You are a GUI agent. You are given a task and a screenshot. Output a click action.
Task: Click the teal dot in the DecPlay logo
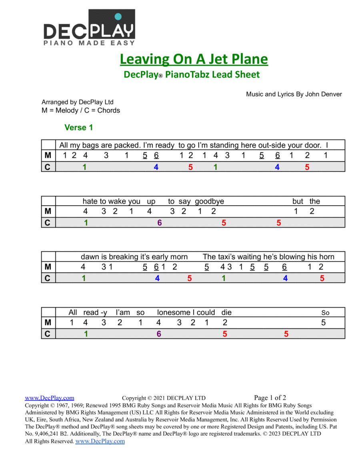(118, 16)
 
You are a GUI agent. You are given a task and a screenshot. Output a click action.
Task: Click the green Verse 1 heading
(79, 128)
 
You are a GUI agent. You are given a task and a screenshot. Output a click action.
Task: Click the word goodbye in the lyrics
(210, 201)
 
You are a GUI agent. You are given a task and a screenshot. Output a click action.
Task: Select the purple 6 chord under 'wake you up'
(159, 223)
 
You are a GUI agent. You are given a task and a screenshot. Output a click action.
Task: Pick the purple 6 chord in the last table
(159, 334)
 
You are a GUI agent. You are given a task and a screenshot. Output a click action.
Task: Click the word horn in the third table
(327, 257)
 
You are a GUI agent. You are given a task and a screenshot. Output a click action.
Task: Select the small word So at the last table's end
(325, 313)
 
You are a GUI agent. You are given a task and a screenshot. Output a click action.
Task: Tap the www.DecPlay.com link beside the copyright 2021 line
(50, 398)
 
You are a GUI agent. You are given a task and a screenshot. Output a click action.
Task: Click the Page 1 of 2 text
(270, 398)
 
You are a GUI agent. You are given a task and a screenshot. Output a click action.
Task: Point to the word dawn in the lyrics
(88, 257)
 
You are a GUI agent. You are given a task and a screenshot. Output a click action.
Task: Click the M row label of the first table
(48, 156)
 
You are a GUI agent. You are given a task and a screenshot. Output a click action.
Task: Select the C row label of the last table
(48, 334)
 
